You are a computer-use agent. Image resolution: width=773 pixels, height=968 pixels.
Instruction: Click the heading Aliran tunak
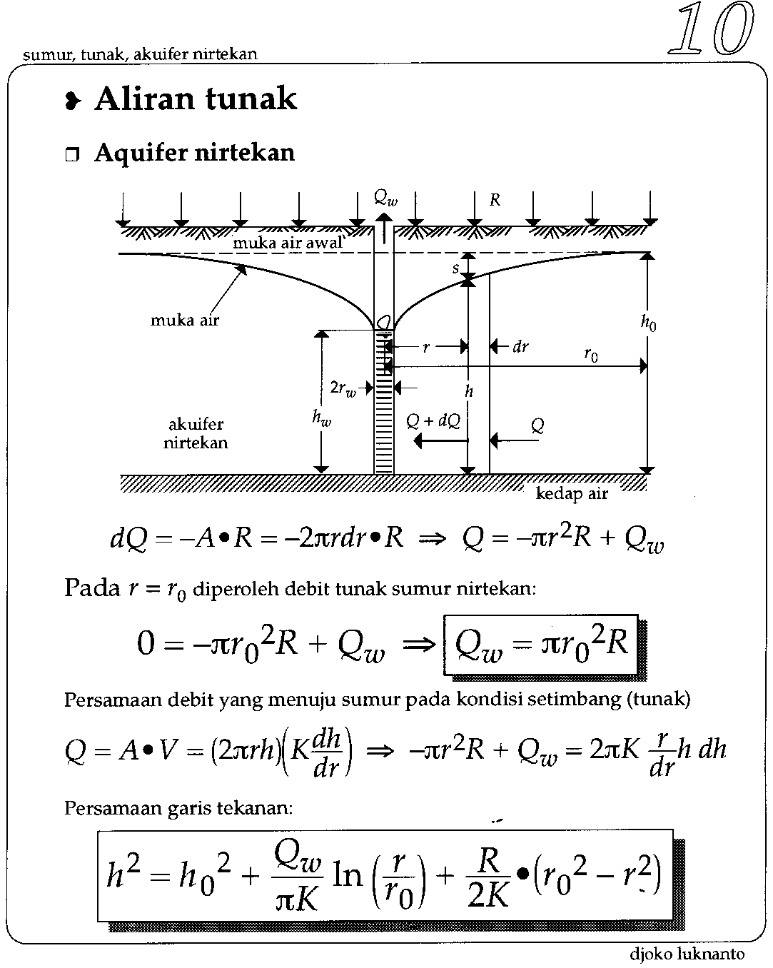click(x=195, y=99)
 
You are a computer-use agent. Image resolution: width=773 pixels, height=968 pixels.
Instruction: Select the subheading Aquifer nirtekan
click(x=194, y=153)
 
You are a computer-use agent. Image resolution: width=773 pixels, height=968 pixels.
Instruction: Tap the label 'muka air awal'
click(x=288, y=243)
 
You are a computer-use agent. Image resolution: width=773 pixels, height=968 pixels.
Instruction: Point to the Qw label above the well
click(x=385, y=200)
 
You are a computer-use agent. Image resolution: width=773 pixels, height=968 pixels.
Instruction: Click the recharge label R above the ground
click(x=495, y=201)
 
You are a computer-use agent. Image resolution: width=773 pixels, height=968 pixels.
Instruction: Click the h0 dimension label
click(x=648, y=323)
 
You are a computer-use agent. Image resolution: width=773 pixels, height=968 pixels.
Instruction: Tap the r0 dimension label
click(x=591, y=355)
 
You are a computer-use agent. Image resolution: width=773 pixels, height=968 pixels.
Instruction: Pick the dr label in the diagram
click(x=520, y=347)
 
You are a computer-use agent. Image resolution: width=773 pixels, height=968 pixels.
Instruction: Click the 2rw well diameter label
click(x=343, y=388)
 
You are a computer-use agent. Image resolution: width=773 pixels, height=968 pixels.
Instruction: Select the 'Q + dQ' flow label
click(x=433, y=420)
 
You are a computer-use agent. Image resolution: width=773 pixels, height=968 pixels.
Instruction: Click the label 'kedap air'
click(x=572, y=494)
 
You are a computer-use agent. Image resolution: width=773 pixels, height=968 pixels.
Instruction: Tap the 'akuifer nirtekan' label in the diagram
click(x=196, y=433)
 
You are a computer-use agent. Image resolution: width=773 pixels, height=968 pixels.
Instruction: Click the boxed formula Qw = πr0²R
click(x=541, y=645)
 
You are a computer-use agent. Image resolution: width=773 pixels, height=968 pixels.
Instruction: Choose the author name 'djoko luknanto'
click(x=687, y=954)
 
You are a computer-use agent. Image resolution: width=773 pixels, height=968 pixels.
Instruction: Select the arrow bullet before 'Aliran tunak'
click(x=71, y=102)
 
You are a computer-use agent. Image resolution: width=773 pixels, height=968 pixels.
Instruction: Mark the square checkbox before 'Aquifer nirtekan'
click(x=72, y=155)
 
